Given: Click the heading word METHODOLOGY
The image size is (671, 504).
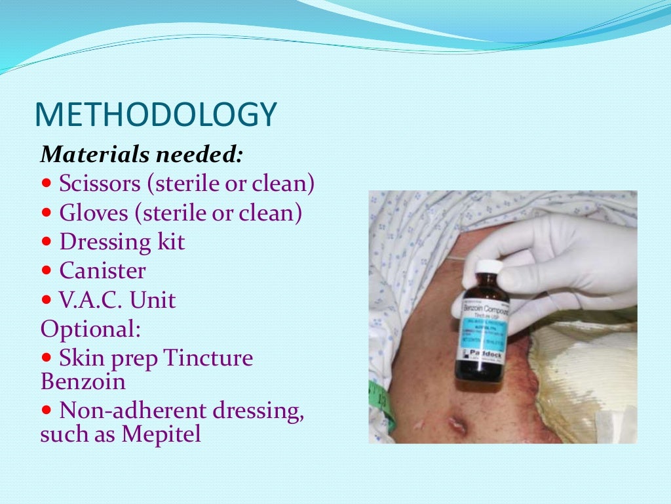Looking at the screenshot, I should [x=155, y=115].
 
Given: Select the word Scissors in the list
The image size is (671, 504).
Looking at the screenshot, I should [x=100, y=184].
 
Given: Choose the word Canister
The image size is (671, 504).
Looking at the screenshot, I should [x=102, y=271].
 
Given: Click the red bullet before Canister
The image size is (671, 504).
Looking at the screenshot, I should [x=46, y=271].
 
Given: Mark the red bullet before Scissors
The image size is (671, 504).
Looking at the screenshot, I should [x=46, y=184].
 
